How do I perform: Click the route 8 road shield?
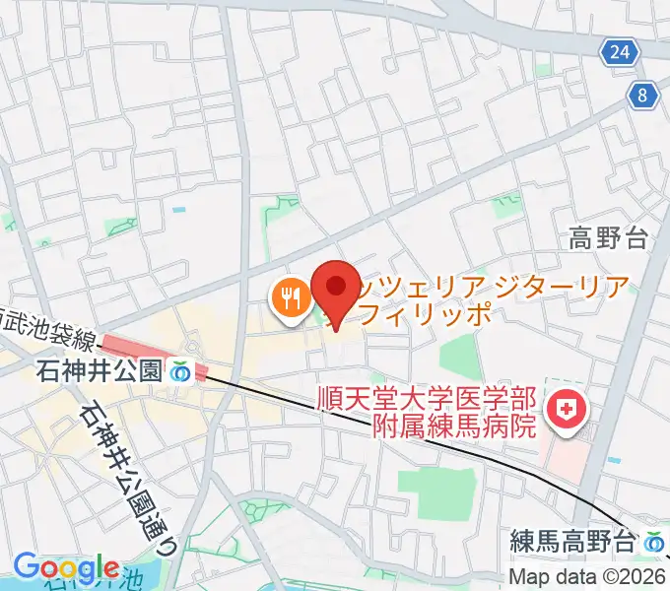[x=643, y=95]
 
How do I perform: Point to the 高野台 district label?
[x=610, y=237]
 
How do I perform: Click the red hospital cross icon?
[x=568, y=405]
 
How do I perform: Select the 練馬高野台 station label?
[x=573, y=542]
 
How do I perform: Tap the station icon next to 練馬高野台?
[x=653, y=542]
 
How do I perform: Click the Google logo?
[x=66, y=568]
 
